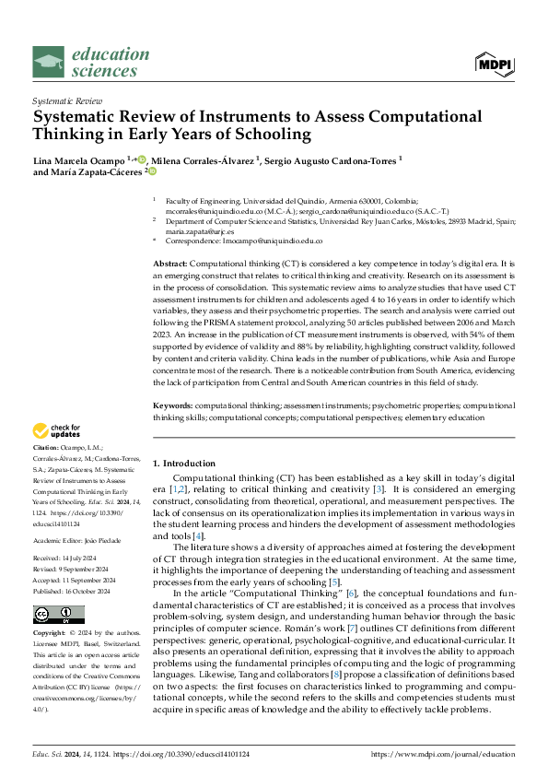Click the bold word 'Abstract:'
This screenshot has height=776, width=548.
pos(173,264)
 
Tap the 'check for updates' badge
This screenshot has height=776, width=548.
pos(57,430)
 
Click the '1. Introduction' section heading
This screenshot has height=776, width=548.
pos(184,463)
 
